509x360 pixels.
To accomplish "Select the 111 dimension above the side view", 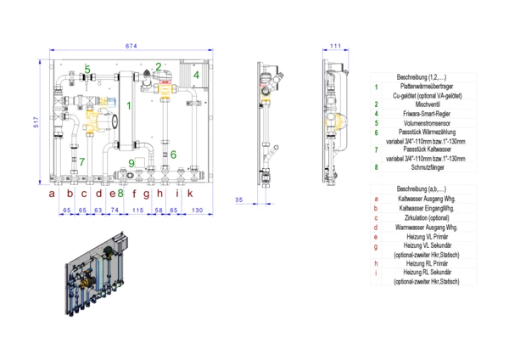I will [x=335, y=45].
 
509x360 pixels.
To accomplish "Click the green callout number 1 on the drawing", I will [x=128, y=106].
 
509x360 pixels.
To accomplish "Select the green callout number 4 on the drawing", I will [x=195, y=75].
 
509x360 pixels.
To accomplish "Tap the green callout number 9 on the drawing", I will [x=131, y=163].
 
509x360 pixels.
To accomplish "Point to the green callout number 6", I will [x=173, y=155].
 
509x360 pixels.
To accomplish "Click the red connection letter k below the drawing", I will [x=190, y=194].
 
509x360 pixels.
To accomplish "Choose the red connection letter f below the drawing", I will [x=134, y=194].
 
